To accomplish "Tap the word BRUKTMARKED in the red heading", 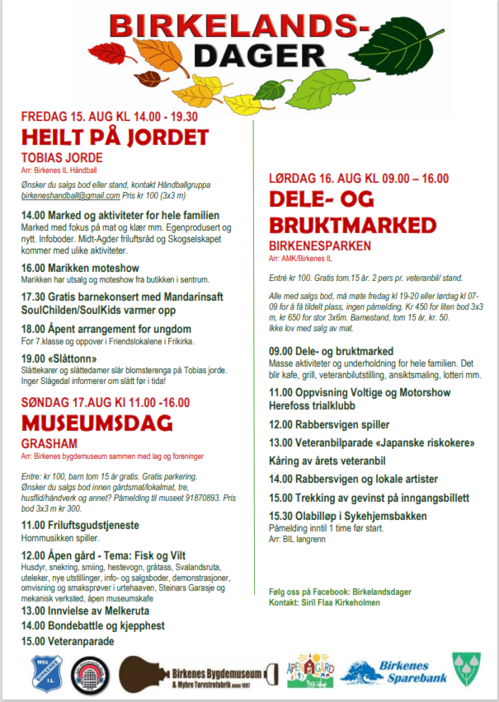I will click(353, 225).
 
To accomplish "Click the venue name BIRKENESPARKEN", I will click(321, 246).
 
